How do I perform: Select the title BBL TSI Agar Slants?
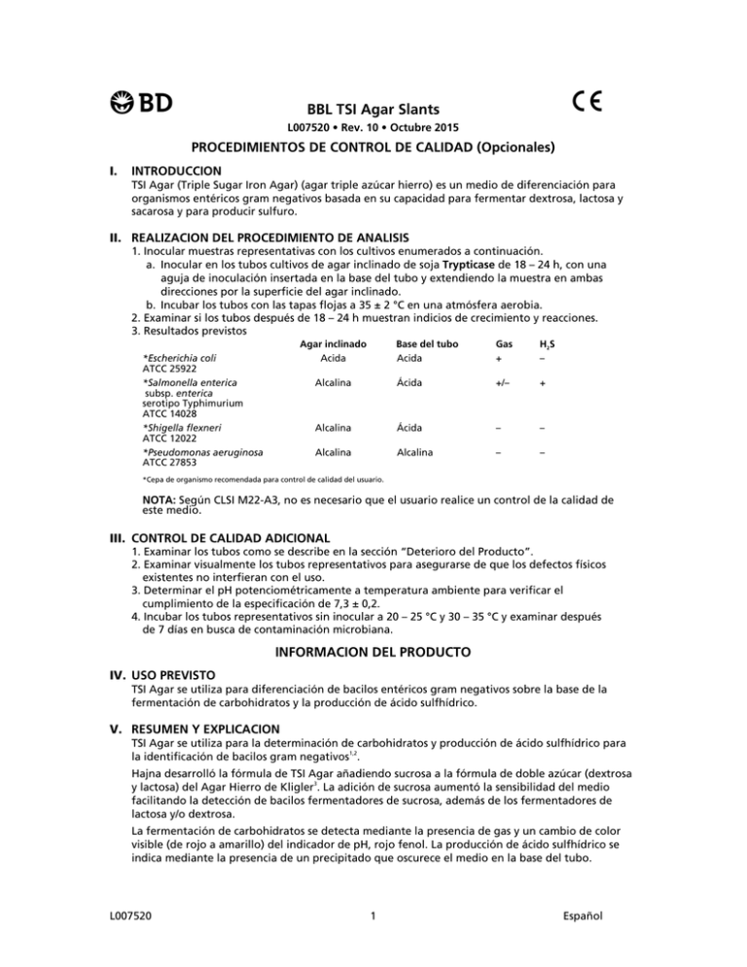[x=373, y=110]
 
